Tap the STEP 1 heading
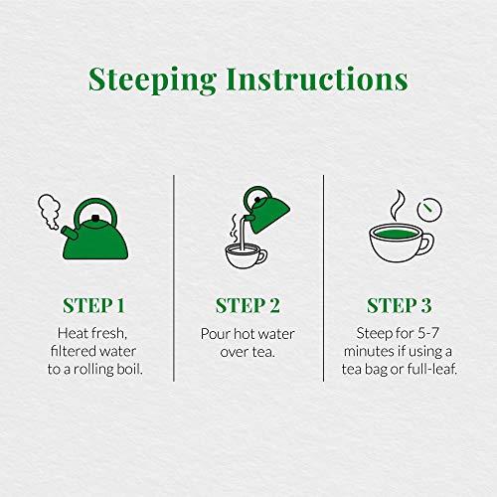(97, 304)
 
